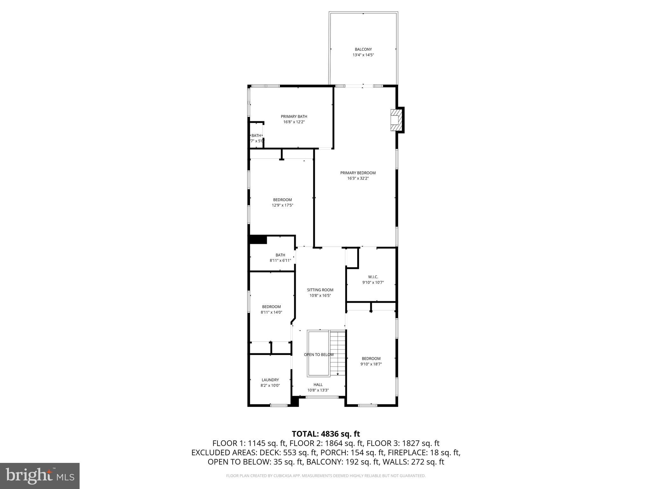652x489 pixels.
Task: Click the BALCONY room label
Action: pos(363,49)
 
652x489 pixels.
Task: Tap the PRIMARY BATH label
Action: pos(294,117)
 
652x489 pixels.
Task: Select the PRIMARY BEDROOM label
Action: pos(358,173)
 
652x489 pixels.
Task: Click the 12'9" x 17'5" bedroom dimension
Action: pos(282,205)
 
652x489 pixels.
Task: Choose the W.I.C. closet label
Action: pos(373,277)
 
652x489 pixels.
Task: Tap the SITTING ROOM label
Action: pos(320,290)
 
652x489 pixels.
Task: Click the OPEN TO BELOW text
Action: pos(319,355)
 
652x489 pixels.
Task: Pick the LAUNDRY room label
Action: pos(270,380)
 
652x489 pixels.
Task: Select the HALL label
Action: pos(318,385)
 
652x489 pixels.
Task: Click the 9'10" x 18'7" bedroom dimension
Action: pos(371,364)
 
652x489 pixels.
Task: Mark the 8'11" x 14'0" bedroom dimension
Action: pos(271,312)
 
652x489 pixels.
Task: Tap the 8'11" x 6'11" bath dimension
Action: pos(280,260)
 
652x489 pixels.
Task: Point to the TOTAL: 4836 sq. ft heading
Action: pos(326,434)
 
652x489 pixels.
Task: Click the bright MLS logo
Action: pos(40,476)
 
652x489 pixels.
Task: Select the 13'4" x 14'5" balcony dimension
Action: pos(363,55)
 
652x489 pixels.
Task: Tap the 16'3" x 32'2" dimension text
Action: pos(358,178)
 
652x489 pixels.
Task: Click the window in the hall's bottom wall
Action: pos(322,397)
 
